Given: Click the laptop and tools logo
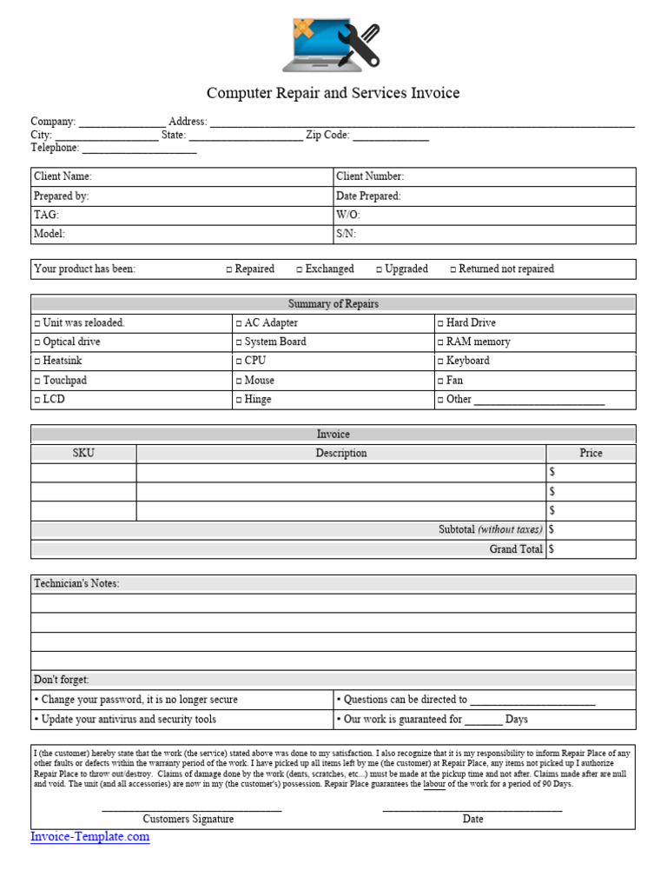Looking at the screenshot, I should (x=332, y=44).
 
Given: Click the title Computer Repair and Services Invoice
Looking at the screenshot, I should (x=333, y=93).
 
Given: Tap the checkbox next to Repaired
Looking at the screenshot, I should (x=229, y=269).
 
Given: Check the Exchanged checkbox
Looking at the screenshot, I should (x=300, y=269).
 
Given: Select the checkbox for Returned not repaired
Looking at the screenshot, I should (x=453, y=269).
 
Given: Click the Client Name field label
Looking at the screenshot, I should (x=63, y=176).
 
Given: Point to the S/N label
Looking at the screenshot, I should (x=346, y=234).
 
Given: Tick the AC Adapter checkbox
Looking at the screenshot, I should (x=239, y=323).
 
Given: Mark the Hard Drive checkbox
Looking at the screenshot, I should (x=440, y=323).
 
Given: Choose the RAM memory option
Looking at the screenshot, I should (x=440, y=342).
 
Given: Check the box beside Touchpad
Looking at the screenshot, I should (x=37, y=381).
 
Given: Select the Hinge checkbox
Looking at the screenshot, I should (x=239, y=400).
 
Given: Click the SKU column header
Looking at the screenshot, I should (x=83, y=453).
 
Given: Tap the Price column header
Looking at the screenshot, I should (x=591, y=453).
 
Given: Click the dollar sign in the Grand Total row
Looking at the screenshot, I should (x=551, y=549).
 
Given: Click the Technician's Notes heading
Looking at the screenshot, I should (x=76, y=583).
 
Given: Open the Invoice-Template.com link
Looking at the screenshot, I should (x=90, y=837).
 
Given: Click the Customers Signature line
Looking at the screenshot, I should (x=191, y=810).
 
